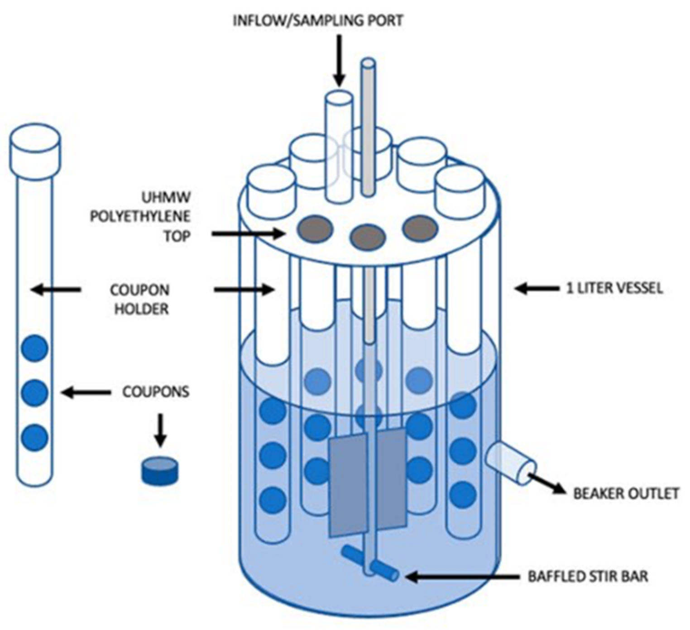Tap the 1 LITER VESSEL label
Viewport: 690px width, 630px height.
614,288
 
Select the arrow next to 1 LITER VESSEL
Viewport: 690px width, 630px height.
537,288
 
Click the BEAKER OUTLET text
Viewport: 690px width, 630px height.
626,493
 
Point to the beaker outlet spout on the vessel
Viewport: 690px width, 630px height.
511,464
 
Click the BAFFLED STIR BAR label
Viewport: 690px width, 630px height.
588,577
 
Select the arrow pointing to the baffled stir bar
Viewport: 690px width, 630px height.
462,577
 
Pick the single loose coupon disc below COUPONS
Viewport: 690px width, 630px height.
160,471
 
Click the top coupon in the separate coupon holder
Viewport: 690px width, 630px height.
35,348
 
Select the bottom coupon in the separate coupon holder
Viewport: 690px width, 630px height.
35,438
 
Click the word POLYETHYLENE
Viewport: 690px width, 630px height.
139,217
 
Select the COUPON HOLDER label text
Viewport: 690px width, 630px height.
140,299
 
